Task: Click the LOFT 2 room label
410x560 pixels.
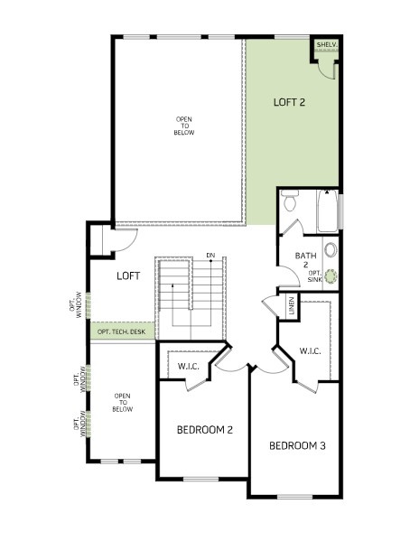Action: coord(289,102)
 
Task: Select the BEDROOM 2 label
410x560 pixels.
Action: coord(204,430)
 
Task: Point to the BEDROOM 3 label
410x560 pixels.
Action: coord(297,445)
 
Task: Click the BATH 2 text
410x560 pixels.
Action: coord(301,259)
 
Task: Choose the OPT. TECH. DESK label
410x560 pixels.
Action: coord(121,331)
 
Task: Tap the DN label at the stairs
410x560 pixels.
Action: coord(210,255)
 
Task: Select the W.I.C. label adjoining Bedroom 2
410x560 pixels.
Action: coord(188,366)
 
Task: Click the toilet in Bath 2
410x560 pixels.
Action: coord(290,201)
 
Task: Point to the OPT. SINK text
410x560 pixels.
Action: coord(315,276)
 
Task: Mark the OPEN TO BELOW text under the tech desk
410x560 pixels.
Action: coord(122,403)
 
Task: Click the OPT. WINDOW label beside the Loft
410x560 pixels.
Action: coord(78,304)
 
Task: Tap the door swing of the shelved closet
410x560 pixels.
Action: coord(321,56)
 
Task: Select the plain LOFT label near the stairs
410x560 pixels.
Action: coord(127,275)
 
